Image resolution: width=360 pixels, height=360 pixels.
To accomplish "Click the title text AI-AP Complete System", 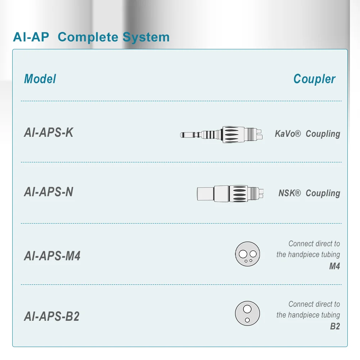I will [91, 37].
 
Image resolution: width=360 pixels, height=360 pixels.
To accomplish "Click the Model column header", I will [40, 79].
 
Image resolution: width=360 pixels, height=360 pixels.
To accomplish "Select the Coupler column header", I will [314, 79].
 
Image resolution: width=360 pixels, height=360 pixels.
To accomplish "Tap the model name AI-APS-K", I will [49, 132].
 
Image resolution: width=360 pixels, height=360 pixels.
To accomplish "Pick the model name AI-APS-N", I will [49, 192].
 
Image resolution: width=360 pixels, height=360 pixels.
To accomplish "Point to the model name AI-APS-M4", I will [52, 256].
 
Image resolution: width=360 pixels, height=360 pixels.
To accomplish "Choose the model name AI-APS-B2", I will [51, 316].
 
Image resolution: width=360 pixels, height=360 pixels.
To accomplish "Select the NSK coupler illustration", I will [231, 193].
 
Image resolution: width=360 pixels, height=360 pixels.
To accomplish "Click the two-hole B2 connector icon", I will [247, 314].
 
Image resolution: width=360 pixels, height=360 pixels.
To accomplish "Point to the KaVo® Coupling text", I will [307, 134].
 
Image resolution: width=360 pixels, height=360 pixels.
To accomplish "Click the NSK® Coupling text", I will [309, 193].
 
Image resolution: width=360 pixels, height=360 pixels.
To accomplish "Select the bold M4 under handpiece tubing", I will [334, 266].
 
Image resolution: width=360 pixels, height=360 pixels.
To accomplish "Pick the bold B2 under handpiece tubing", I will [335, 327].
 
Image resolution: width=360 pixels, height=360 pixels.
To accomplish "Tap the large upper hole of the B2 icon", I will [247, 309].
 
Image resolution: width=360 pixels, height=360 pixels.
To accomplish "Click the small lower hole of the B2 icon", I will [247, 320].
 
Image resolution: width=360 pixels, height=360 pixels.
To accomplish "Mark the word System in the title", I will [146, 37].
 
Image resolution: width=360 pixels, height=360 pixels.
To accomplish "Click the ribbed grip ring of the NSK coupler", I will [239, 193].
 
